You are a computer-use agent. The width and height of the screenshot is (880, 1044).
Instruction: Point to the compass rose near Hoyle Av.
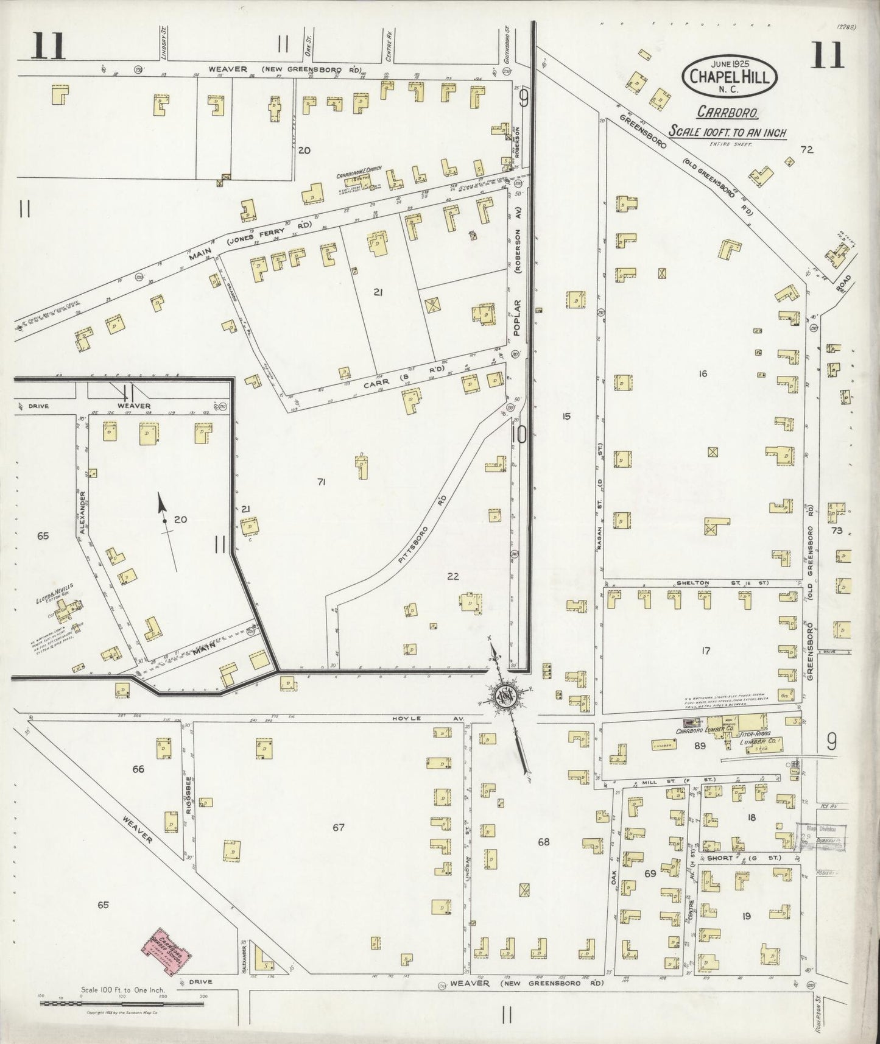(507, 694)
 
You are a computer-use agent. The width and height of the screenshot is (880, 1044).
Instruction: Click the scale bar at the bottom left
(121, 1002)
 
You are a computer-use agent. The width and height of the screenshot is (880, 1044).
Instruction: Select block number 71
(322, 482)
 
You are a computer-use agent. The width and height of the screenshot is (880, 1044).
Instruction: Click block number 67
(339, 827)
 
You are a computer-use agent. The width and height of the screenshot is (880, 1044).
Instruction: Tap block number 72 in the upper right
(808, 149)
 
